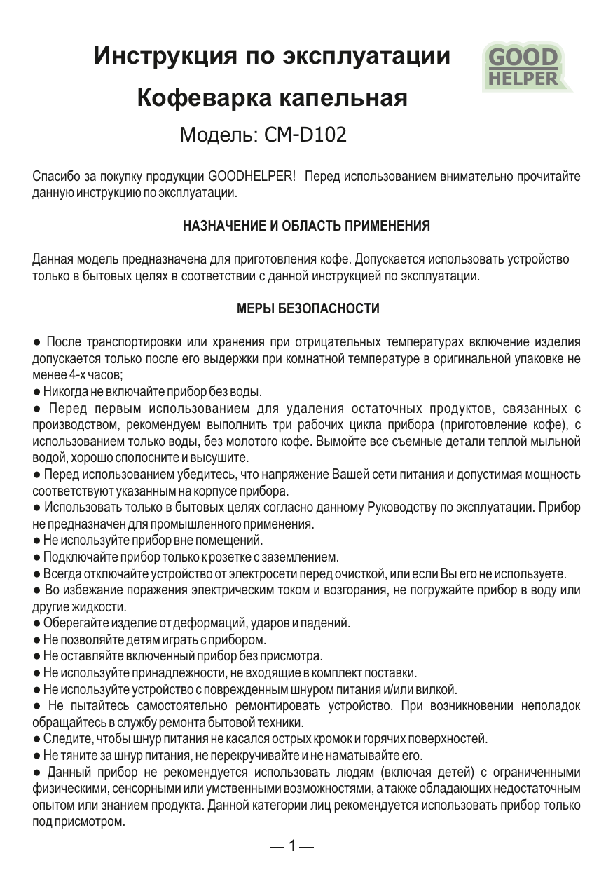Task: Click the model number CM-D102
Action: (305, 134)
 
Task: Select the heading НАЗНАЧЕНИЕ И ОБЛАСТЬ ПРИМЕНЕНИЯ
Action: (306, 226)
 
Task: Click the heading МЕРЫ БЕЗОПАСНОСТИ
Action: (308, 308)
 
